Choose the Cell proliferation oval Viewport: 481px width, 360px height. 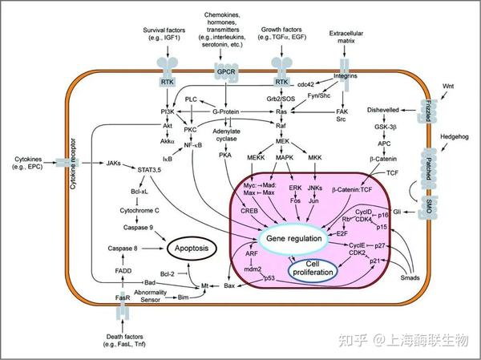[x=313, y=270]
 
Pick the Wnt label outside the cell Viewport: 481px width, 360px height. [x=448, y=85]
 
